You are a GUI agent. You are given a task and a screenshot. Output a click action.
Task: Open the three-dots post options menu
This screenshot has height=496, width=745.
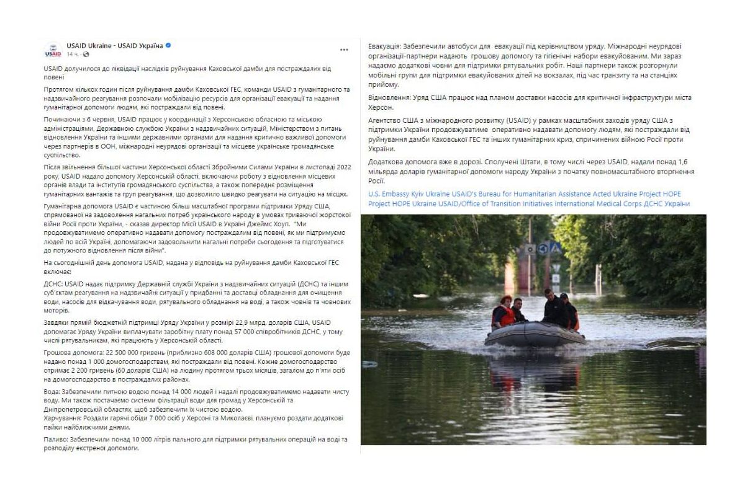[x=344, y=50]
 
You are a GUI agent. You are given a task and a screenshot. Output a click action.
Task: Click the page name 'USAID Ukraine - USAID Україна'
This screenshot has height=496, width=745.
[x=115, y=46]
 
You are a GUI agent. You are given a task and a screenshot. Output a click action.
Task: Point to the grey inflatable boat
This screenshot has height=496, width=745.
[x=534, y=335]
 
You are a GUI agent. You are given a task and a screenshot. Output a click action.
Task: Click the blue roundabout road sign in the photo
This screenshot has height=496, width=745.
[x=543, y=249]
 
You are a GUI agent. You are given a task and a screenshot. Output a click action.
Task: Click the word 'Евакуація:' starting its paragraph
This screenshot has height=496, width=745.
[x=384, y=46]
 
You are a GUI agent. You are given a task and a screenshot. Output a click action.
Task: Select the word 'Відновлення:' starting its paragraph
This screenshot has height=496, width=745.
[x=388, y=98]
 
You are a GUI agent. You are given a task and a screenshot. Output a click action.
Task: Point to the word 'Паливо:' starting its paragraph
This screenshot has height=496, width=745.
[x=57, y=439]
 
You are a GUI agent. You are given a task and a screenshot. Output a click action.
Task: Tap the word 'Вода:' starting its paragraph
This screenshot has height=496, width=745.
[x=53, y=392]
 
